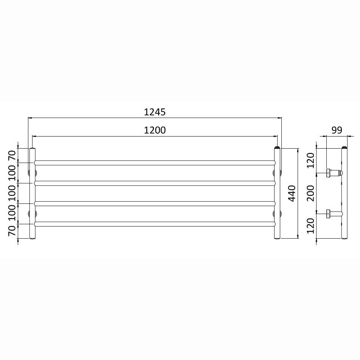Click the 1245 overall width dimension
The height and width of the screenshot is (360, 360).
tap(155, 112)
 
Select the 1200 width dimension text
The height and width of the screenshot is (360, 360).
tap(155, 130)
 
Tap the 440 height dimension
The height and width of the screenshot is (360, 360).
tap(292, 194)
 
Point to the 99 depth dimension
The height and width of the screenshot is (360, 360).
tap(337, 130)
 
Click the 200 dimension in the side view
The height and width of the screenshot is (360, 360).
tap(310, 193)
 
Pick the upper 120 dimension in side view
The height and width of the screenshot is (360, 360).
tap(310, 160)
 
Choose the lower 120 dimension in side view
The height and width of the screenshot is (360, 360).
tap(310, 226)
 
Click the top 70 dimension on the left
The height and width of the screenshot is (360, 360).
tap(12, 155)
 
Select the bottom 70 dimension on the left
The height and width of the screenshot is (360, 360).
tap(12, 231)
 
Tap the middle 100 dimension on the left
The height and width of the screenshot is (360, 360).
tap(12, 193)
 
